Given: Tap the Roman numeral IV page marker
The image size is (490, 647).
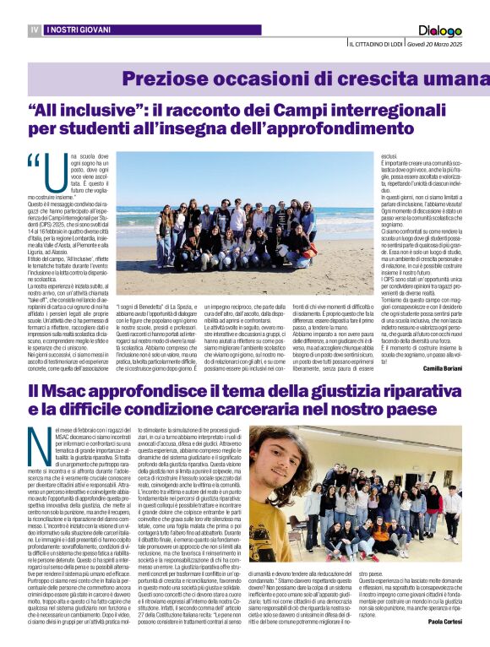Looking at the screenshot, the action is pos(35,30).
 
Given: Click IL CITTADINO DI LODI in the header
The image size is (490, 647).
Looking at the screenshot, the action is pos(375,44).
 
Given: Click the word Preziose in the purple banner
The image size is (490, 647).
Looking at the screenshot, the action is pos(161,79).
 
